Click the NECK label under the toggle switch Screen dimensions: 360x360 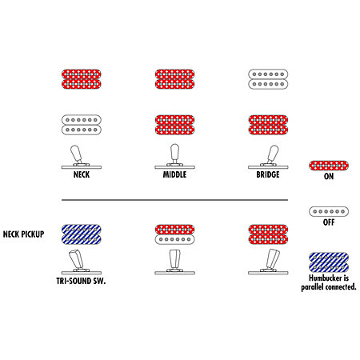point(82,174)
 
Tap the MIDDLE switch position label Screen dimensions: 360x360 point(174,174)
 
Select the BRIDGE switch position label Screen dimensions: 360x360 point(268,174)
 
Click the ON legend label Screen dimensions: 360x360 point(329,176)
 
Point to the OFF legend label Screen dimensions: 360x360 point(329,222)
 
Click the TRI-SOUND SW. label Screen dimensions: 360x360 point(81,281)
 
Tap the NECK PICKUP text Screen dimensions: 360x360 point(23,234)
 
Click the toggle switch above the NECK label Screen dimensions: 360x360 point(80,157)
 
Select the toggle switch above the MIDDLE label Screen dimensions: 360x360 point(174,157)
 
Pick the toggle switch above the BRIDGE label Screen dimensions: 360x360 point(269,157)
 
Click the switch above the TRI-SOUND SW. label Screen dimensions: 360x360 point(81,262)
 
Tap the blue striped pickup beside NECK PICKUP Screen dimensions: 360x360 point(82,234)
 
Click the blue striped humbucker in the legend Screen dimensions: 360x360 point(329,262)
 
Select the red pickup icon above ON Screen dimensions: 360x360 point(329,166)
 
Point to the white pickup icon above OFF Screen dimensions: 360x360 point(329,211)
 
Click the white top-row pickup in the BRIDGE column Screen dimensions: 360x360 point(268,79)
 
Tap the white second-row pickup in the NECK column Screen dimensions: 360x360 point(82,125)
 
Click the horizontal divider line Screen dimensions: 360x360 point(174,200)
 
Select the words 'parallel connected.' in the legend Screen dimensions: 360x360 point(329,287)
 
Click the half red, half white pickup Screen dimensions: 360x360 point(174,234)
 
